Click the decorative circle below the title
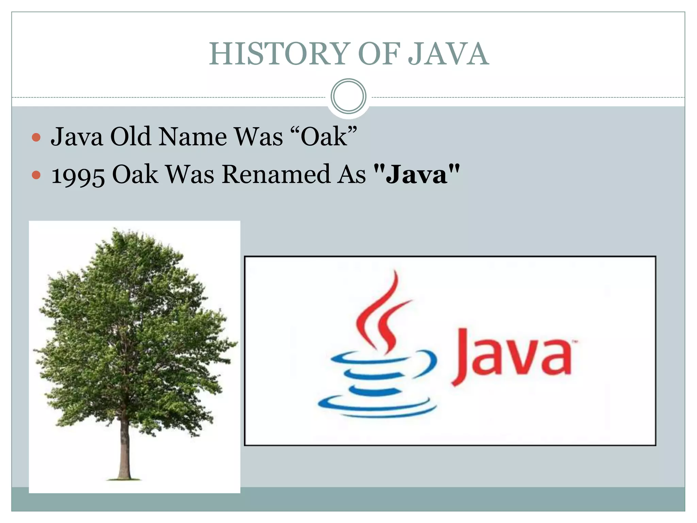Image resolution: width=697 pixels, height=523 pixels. point(348,96)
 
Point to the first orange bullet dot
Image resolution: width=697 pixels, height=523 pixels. point(36,138)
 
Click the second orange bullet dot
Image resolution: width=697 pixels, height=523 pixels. point(36,175)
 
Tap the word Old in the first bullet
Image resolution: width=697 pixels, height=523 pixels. point(131,137)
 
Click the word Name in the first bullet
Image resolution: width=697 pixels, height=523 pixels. point(193,137)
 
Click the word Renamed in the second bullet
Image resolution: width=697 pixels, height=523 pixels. point(276,174)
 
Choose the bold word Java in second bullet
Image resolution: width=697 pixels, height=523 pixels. point(417,174)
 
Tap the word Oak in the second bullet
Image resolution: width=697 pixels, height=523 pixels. point(135,174)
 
